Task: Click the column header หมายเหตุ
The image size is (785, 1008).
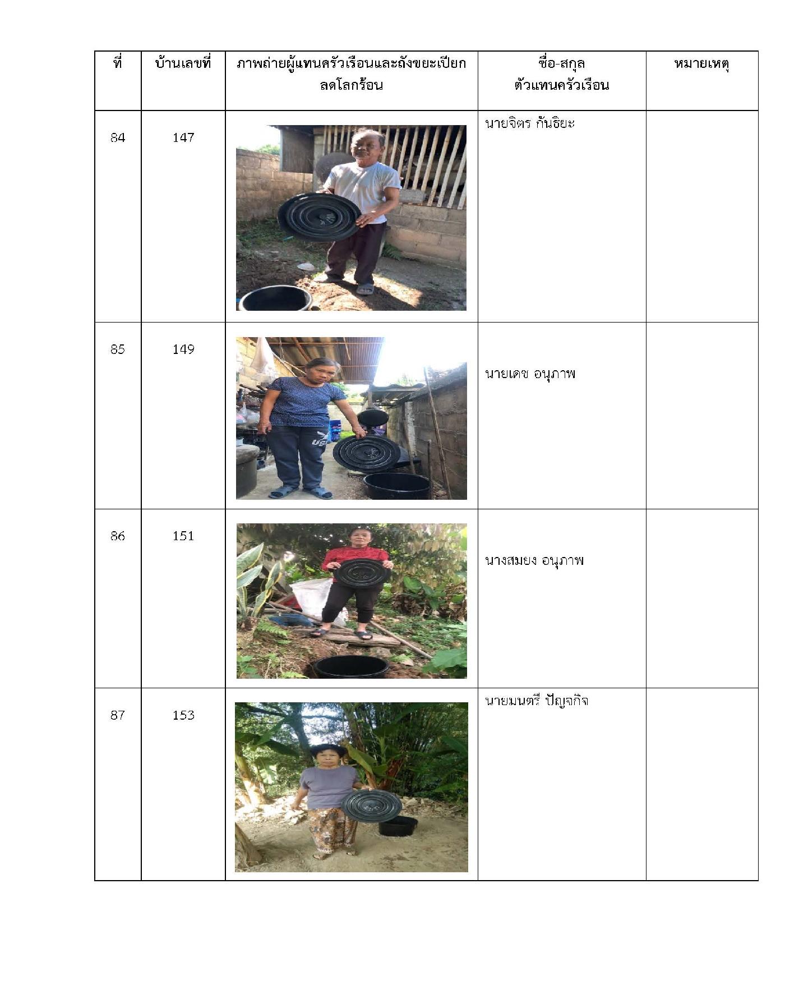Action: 701,65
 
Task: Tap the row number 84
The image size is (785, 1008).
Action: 118,137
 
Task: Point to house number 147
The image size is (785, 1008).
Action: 183,137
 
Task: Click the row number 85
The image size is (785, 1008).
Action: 118,349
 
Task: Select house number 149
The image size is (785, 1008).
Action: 183,349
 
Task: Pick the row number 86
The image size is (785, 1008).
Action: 118,536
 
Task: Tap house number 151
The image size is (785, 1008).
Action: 183,536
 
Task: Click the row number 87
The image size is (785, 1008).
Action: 118,715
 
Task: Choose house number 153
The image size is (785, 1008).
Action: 183,715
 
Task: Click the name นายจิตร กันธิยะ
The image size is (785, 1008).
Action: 530,123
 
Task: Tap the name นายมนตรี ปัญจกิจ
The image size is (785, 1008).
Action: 537,701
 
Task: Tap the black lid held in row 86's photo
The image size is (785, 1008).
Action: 362,573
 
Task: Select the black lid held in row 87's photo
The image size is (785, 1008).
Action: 371,806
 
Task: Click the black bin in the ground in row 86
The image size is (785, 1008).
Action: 351,666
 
